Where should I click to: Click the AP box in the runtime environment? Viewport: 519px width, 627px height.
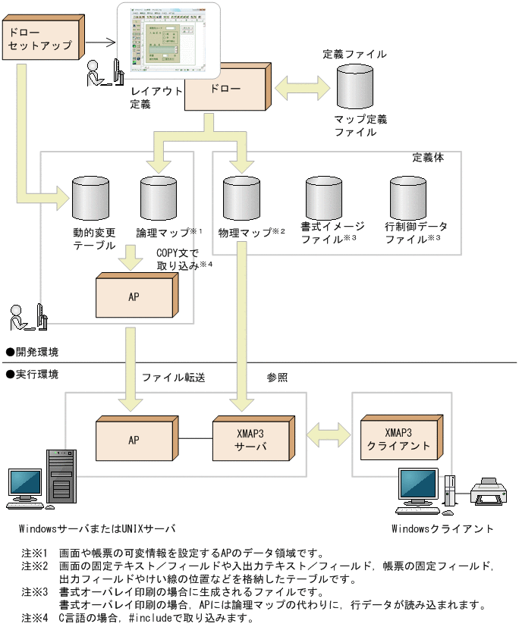tap(134, 439)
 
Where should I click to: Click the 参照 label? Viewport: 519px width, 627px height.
tap(277, 376)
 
